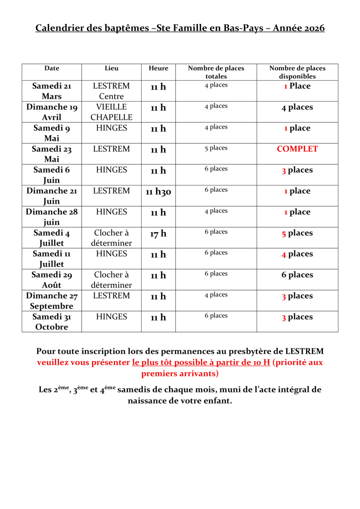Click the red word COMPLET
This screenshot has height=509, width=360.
297,149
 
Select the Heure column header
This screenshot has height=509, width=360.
158,68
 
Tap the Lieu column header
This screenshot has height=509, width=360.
112,68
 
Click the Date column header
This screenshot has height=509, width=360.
52,68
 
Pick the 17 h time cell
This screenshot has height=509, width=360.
158,233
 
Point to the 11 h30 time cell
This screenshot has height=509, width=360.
158,192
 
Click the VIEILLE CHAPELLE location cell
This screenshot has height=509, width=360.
112,112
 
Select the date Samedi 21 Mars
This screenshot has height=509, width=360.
52,91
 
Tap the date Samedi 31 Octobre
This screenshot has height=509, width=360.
52,322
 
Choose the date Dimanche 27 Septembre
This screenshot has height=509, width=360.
52,301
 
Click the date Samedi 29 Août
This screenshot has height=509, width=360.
52,280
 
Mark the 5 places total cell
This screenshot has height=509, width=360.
216,148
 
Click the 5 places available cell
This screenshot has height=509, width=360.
297,233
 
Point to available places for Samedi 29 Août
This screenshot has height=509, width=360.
297,275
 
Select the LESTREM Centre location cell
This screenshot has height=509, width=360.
112,91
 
